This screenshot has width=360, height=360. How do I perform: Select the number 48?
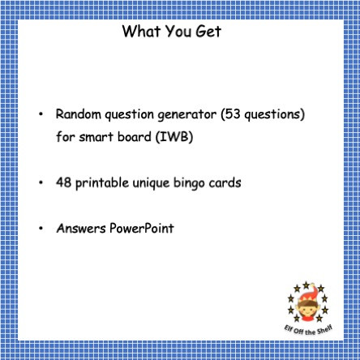(x=64, y=182)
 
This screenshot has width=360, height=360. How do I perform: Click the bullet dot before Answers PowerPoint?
(x=41, y=229)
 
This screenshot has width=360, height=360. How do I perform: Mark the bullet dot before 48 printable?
(x=41, y=183)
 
